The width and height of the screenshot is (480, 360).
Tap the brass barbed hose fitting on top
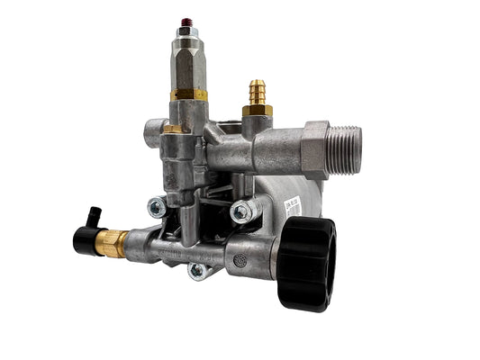[x=255, y=92]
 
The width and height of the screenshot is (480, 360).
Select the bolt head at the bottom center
[x=197, y=269]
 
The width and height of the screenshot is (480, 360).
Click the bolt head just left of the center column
[x=157, y=207]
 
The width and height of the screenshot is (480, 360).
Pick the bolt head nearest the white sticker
[x=240, y=211]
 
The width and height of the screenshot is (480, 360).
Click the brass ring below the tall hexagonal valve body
[x=188, y=93]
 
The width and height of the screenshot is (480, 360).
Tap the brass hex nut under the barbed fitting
[x=256, y=110]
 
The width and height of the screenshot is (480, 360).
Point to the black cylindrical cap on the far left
[x=86, y=239]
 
